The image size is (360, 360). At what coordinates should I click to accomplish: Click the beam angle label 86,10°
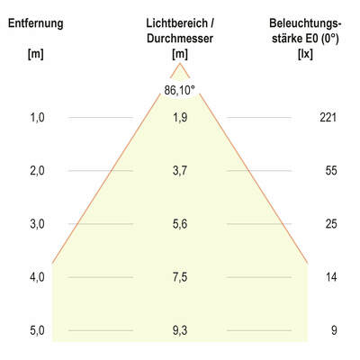click(x=180, y=90)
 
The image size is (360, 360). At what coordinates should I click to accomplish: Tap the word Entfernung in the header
click(x=35, y=23)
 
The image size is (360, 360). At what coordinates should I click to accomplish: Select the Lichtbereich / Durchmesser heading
click(x=180, y=31)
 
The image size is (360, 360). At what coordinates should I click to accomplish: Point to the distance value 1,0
click(x=36, y=117)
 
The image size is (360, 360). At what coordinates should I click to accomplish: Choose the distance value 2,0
click(x=36, y=170)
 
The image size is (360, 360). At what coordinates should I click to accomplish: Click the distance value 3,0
click(x=36, y=223)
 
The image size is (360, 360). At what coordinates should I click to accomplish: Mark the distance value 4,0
click(x=36, y=277)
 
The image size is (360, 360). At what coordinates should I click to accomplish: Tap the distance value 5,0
click(x=36, y=330)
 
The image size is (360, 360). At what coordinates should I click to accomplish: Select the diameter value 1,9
click(x=180, y=117)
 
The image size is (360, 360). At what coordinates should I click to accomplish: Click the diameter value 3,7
click(x=180, y=170)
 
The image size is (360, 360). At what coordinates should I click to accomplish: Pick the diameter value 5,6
click(x=180, y=223)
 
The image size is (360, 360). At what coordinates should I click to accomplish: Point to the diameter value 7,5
click(x=180, y=277)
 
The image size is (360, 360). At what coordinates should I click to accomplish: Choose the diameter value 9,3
click(x=180, y=330)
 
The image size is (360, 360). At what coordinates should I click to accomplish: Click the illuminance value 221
click(x=328, y=117)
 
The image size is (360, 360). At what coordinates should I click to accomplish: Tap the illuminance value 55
click(x=331, y=170)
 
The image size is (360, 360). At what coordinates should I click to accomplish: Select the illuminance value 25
click(x=331, y=223)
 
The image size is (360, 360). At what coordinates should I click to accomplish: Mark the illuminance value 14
click(x=331, y=277)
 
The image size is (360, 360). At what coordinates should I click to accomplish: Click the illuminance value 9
click(x=334, y=330)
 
